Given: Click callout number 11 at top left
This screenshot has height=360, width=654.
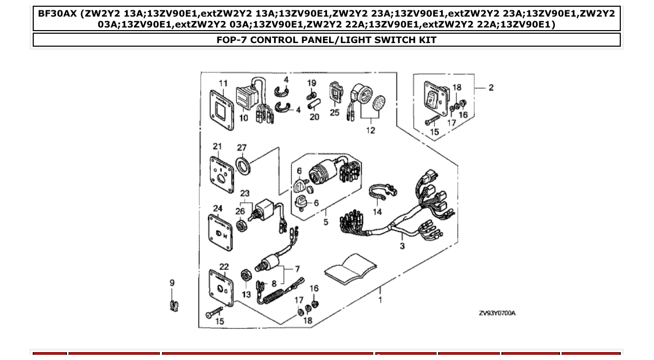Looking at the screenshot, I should (x=223, y=84).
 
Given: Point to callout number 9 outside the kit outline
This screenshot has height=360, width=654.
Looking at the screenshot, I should (x=172, y=283).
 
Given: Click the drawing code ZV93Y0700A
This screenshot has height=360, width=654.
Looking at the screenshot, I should (x=497, y=313).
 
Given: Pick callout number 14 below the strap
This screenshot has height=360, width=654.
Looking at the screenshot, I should (x=377, y=212).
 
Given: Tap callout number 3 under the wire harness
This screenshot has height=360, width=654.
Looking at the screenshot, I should (x=402, y=246).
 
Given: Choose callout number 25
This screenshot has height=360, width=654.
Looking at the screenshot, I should (x=334, y=112).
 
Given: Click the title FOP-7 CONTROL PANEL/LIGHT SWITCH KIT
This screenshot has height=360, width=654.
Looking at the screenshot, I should (x=326, y=40).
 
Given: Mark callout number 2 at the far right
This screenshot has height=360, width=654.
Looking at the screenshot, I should (x=491, y=88).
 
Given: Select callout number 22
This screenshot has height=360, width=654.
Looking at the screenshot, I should (x=224, y=267).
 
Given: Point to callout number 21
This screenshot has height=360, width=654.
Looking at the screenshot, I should (x=217, y=146).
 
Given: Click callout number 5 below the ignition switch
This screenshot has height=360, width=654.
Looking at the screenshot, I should (x=325, y=222).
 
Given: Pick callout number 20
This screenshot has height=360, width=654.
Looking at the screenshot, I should (x=315, y=117).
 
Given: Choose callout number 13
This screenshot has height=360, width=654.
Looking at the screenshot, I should (x=246, y=294).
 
